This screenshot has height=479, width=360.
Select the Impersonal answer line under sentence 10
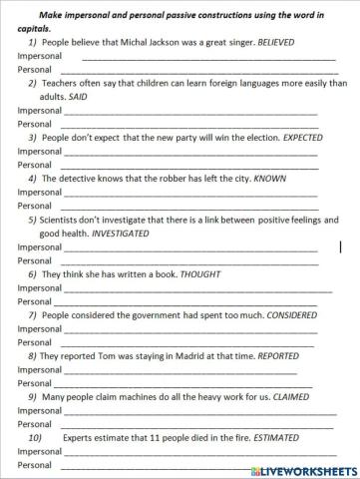coord(199,452)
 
